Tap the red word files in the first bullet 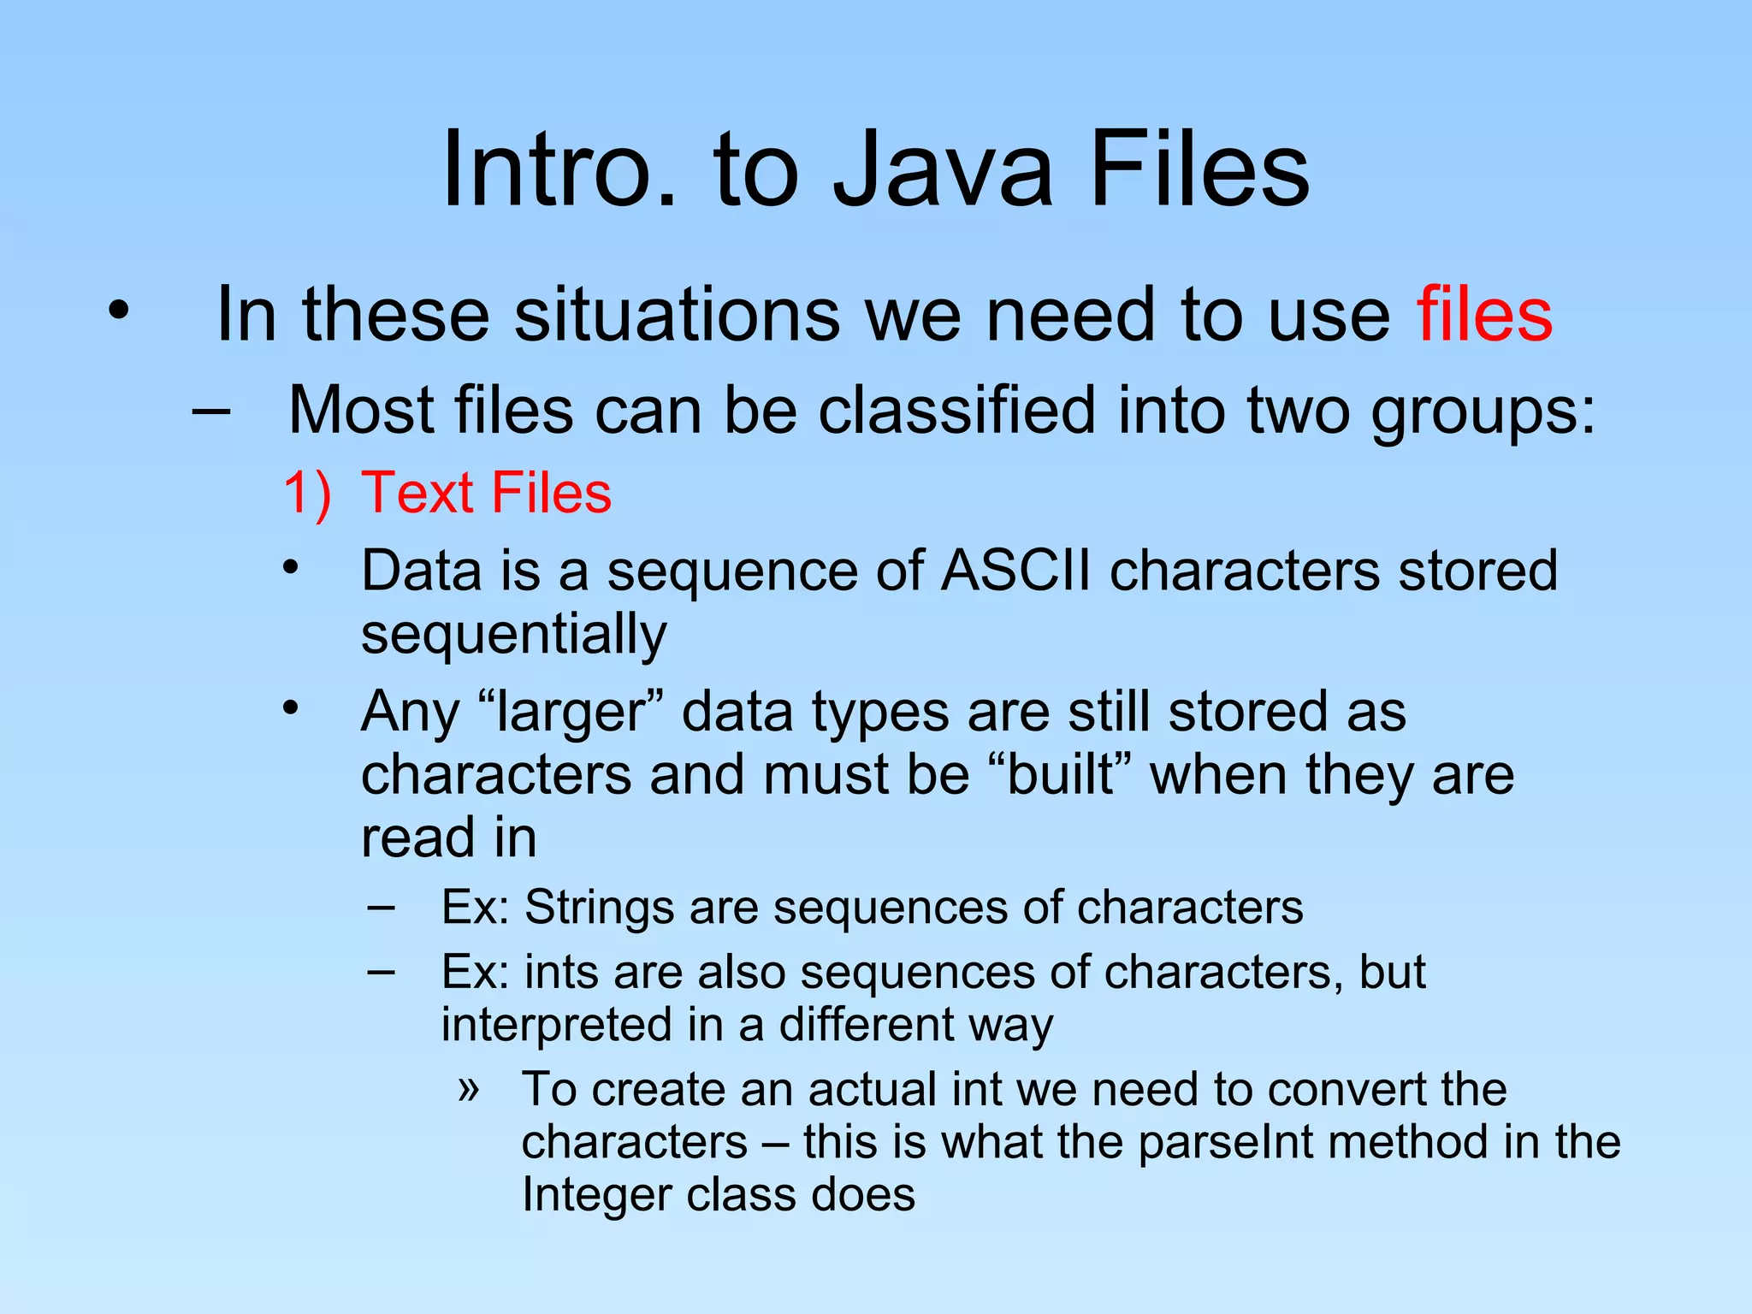1484,315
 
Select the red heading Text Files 487,493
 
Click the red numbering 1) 307,493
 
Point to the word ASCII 1015,571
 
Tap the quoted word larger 571,712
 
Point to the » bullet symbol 468,1089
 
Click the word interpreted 556,1025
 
